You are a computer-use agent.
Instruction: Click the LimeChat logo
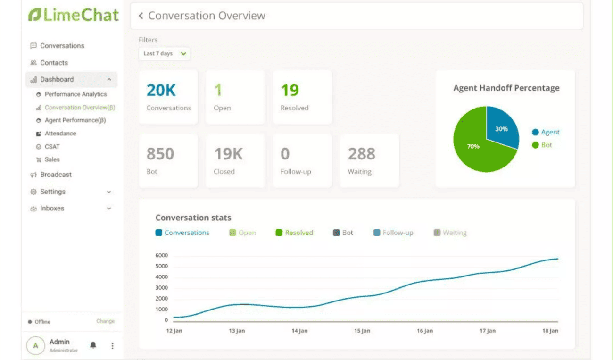pos(73,15)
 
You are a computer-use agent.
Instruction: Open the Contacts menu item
pos(54,63)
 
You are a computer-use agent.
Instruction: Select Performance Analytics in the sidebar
pos(75,94)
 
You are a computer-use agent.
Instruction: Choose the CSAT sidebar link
pos(52,147)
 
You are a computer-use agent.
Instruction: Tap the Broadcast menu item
pos(56,175)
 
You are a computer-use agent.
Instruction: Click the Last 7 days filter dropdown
pos(164,54)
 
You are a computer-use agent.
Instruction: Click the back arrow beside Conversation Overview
pos(141,16)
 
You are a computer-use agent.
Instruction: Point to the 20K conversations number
pos(161,90)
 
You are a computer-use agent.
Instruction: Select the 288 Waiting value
pos(361,154)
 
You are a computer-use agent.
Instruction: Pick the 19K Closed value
pos(228,154)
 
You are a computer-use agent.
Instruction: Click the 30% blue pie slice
pos(501,127)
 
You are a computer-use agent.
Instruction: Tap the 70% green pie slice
pos(476,149)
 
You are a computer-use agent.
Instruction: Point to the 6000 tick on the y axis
pos(161,256)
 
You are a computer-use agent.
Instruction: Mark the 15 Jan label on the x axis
pos(362,331)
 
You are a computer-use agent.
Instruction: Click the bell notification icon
pos(93,345)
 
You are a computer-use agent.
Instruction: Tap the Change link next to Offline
pos(105,321)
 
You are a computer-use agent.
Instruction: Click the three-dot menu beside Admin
pos(112,346)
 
